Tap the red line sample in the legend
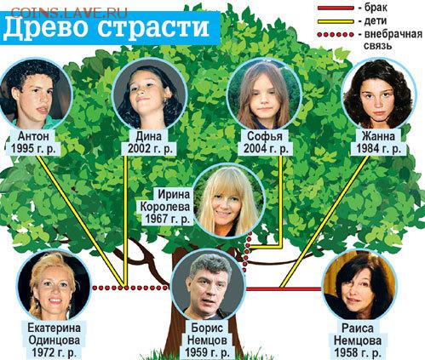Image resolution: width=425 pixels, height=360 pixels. (336, 8)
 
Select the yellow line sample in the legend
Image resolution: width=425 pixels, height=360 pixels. (336, 21)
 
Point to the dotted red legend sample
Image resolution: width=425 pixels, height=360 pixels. (336, 35)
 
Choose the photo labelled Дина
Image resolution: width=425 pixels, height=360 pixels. (149, 94)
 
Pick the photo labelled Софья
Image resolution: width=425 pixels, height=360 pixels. (265, 94)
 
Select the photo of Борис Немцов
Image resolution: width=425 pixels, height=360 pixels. (209, 286)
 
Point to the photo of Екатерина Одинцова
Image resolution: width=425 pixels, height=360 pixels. (54, 286)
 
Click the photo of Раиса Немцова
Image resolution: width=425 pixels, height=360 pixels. (359, 285)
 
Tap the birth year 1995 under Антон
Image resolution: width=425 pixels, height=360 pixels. (22, 148)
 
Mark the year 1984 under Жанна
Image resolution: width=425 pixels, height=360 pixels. (368, 148)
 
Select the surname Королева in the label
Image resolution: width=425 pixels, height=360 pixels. (165, 207)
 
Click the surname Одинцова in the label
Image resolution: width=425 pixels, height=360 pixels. (54, 340)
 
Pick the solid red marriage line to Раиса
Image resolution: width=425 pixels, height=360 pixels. (284, 289)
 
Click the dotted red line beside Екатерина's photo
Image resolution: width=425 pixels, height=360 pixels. (130, 288)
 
